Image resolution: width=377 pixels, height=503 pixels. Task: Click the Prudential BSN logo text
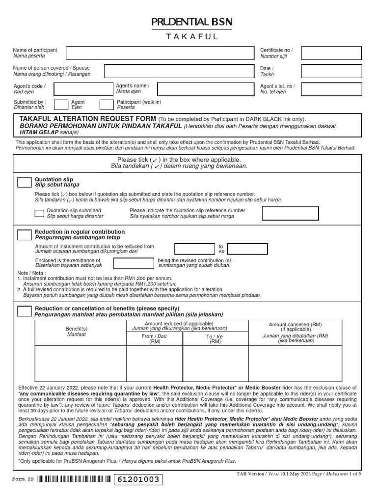191,22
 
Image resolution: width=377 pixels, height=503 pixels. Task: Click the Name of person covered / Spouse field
179,71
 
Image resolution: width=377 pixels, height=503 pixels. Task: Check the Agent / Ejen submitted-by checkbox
61,104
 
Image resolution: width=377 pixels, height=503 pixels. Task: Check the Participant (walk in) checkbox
107,104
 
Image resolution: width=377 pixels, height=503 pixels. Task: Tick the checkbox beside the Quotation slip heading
24,183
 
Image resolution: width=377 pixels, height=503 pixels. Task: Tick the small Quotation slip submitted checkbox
39,213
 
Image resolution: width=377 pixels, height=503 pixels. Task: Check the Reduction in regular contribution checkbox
24,235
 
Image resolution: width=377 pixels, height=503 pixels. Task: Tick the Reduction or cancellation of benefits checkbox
24,311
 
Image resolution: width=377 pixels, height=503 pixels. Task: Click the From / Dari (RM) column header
155,339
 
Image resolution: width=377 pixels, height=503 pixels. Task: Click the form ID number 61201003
137,479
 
